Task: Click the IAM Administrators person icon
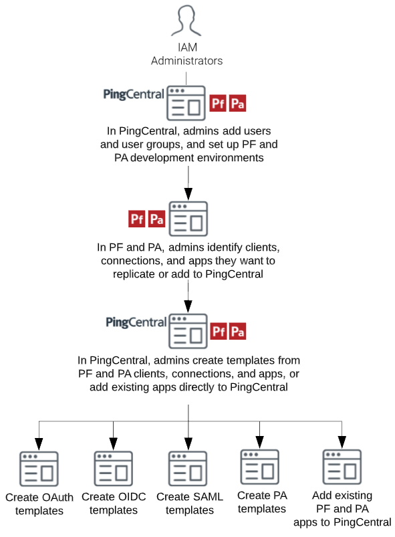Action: click(186, 21)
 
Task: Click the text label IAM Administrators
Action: click(186, 54)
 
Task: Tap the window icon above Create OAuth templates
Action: click(39, 469)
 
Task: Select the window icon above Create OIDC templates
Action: click(113, 468)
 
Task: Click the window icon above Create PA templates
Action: click(259, 467)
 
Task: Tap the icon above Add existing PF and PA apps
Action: click(342, 467)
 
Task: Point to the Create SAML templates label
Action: click(189, 503)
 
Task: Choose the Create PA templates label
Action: click(261, 502)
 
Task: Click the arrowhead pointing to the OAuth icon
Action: click(39, 443)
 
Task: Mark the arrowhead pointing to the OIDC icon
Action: click(113, 443)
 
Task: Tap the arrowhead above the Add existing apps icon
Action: click(342, 441)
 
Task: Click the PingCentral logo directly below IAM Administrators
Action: click(134, 94)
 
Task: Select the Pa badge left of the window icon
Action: click(156, 218)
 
